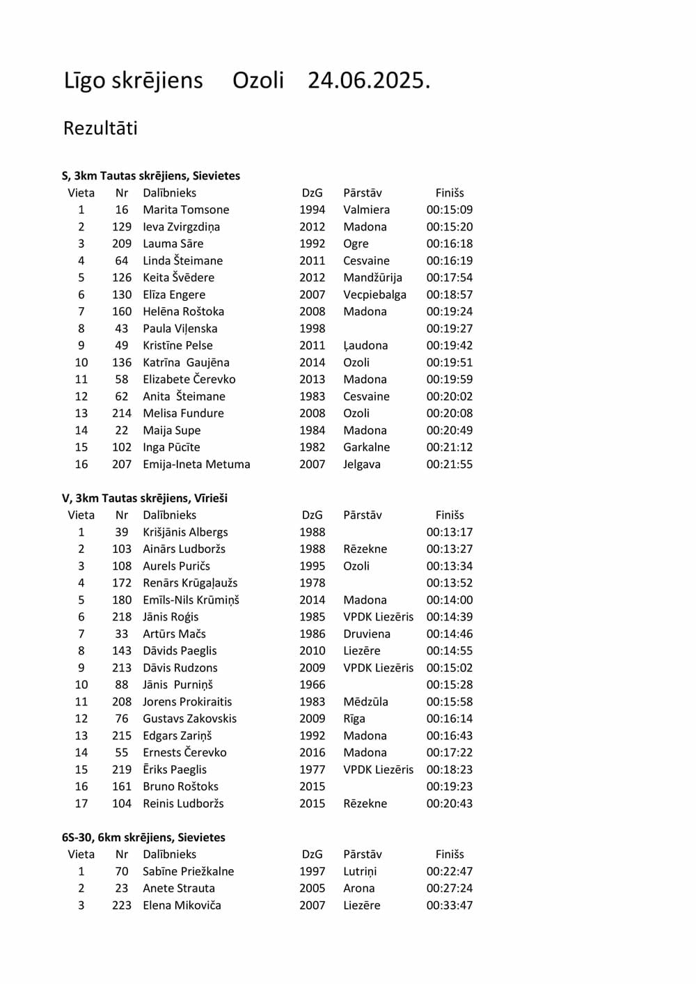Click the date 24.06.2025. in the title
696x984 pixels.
pyautogui.click(x=369, y=81)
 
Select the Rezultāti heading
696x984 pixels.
pyautogui.click(x=100, y=128)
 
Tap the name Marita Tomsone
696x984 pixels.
pyautogui.click(x=186, y=210)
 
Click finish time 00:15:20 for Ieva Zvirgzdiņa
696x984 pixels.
pyautogui.click(x=449, y=227)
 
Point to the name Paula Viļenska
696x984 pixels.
pyautogui.click(x=180, y=329)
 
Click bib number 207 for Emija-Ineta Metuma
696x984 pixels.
pyautogui.click(x=122, y=464)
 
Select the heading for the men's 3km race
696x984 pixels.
pyautogui.click(x=145, y=498)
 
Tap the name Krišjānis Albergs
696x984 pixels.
pyautogui.click(x=185, y=532)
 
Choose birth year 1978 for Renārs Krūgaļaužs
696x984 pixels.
pyautogui.click(x=312, y=583)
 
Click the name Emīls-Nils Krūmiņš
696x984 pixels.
pyautogui.click(x=191, y=600)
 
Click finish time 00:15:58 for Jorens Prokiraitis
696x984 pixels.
pyautogui.click(x=449, y=702)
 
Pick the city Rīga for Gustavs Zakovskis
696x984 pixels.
pyautogui.click(x=354, y=719)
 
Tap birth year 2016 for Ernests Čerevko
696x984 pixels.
pyautogui.click(x=312, y=753)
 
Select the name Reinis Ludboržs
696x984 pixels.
pyautogui.click(x=183, y=804)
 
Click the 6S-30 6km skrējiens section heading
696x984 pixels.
pyautogui.click(x=143, y=837)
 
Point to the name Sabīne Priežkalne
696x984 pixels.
pyautogui.click(x=188, y=871)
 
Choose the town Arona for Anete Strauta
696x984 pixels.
pyautogui.click(x=358, y=889)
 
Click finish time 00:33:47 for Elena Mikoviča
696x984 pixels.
pyautogui.click(x=449, y=905)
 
